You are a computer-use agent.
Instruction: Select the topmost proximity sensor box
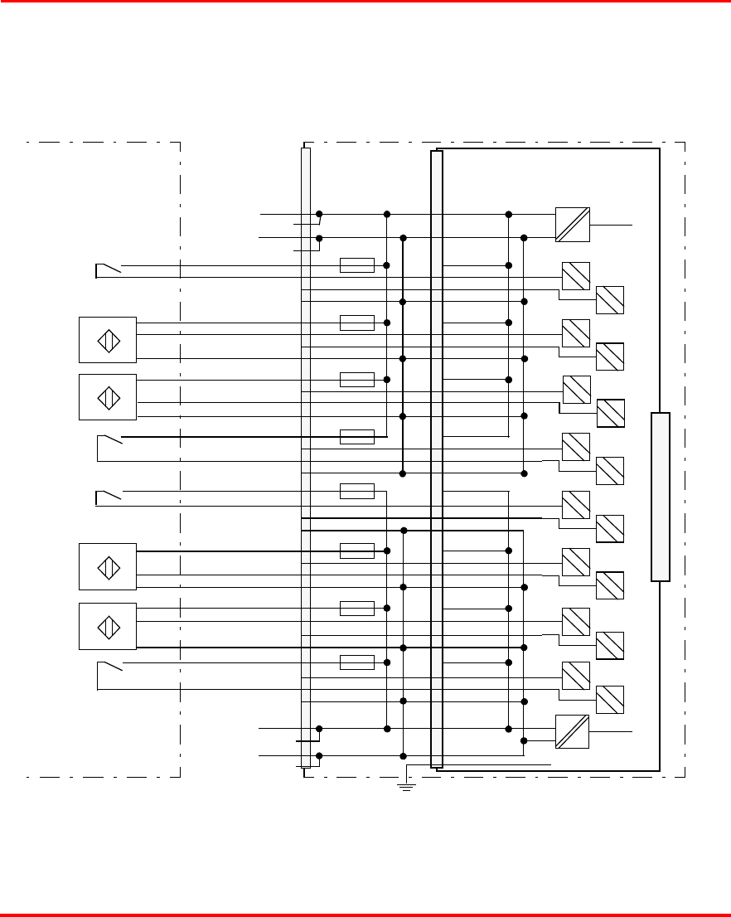coord(108,340)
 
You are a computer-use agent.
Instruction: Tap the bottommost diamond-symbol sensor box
coord(108,626)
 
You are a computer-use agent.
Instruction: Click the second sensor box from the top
coord(108,397)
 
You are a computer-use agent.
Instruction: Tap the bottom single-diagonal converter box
coord(572,731)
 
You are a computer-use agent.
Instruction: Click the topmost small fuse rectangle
coord(357,265)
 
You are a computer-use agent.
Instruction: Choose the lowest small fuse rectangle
coord(357,662)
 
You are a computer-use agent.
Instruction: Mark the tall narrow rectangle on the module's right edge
coord(660,497)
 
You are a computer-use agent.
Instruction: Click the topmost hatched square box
coord(576,275)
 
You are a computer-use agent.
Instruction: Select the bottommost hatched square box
coord(610,700)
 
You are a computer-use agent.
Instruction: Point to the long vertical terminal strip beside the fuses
coord(306,456)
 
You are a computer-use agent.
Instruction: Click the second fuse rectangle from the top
coord(357,323)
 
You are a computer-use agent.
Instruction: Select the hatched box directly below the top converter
coord(576,275)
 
